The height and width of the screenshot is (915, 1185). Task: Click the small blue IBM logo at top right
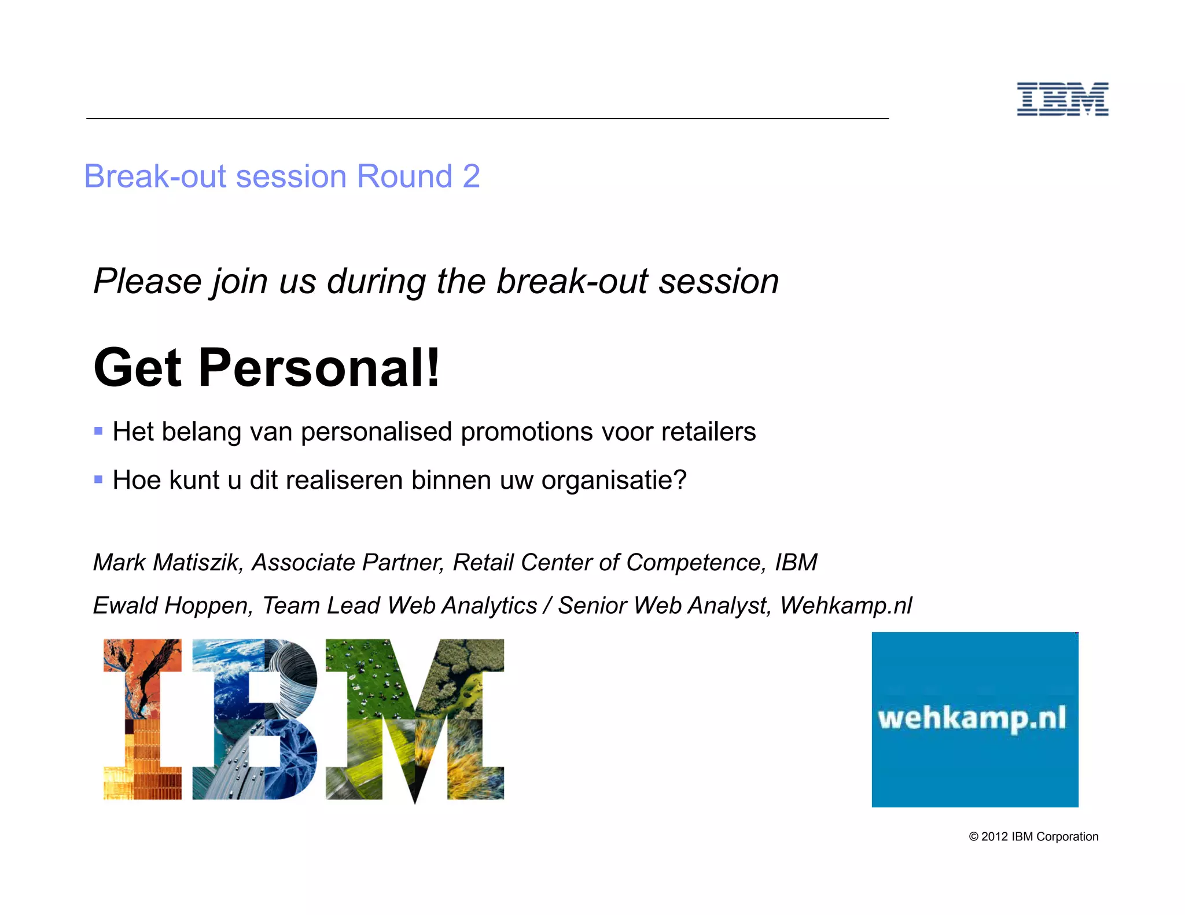(1062, 99)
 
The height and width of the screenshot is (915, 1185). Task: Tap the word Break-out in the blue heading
(154, 176)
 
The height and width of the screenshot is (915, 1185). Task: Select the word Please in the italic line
(147, 282)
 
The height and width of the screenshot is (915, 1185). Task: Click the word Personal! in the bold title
(319, 368)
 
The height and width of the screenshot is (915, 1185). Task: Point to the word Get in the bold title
(138, 368)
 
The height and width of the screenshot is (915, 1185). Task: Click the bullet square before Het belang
(98, 431)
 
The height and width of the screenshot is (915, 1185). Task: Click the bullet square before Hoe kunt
(98, 479)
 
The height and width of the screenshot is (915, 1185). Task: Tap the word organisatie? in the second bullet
(613, 481)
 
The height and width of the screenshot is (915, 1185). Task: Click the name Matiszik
(197, 563)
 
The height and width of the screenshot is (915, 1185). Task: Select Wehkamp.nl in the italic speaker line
(845, 606)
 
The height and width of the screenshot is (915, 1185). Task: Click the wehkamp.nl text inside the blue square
(972, 718)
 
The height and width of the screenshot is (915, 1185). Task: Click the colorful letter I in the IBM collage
(142, 720)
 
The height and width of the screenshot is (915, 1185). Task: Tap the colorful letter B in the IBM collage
(255, 720)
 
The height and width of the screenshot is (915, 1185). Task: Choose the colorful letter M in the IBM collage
(414, 720)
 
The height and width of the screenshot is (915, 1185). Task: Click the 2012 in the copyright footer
(995, 837)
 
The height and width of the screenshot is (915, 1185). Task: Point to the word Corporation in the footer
(1067, 837)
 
